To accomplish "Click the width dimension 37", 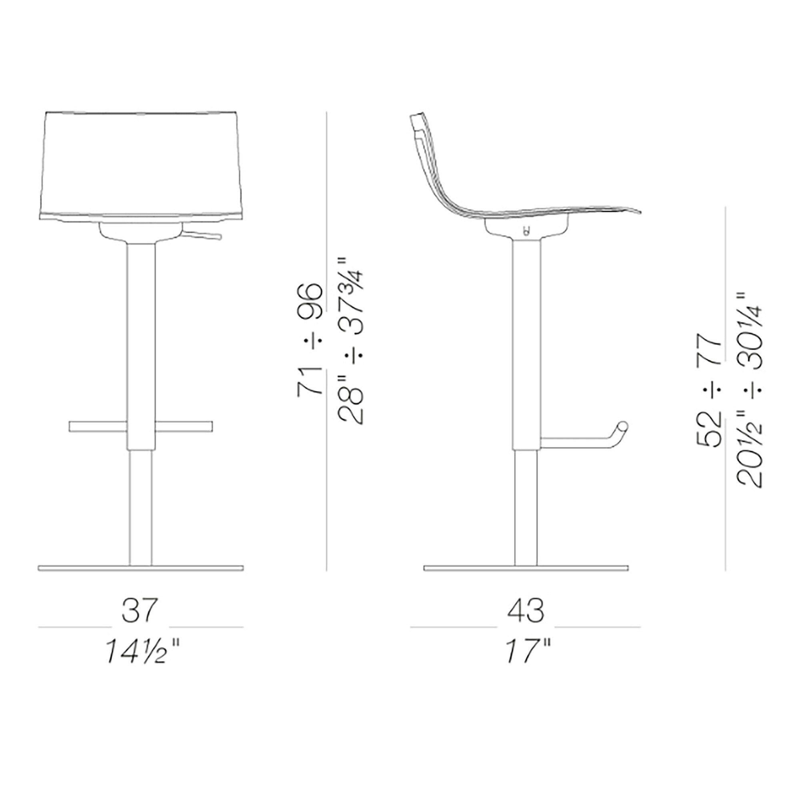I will pos(140,610).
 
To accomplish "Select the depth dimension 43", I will pos(526,610).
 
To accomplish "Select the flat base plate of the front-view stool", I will pos(141,568).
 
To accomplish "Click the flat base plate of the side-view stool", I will pos(526,568).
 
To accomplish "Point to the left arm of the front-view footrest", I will pos(98,426).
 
